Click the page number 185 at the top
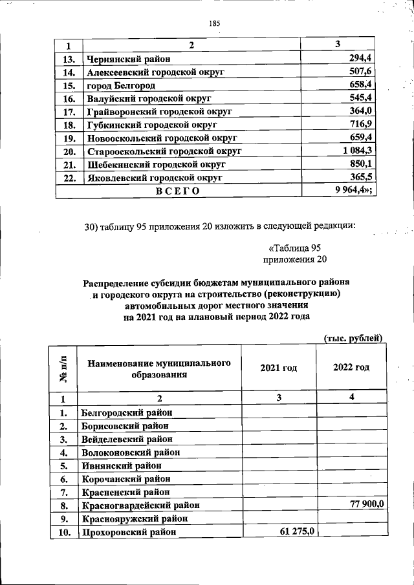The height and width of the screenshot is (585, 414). point(215,24)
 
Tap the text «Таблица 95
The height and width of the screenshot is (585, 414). point(294,248)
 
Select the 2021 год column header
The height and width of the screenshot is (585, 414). point(279,368)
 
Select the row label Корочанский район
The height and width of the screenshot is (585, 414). point(125,478)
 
